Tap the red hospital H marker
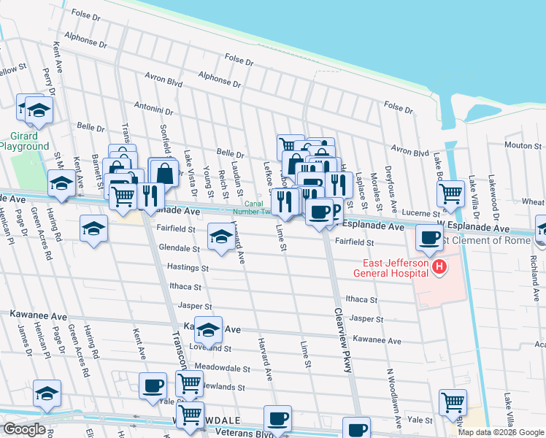(439, 268)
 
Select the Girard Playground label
(24, 141)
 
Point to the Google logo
(24, 429)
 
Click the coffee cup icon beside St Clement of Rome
(428, 237)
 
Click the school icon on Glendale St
(221, 236)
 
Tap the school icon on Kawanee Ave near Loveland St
(209, 329)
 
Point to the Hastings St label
(188, 268)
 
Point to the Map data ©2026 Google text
(501, 432)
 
